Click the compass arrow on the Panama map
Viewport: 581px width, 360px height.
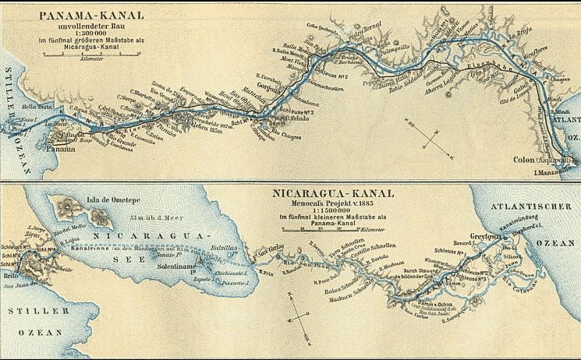427,132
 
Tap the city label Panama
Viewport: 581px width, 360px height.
60,148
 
